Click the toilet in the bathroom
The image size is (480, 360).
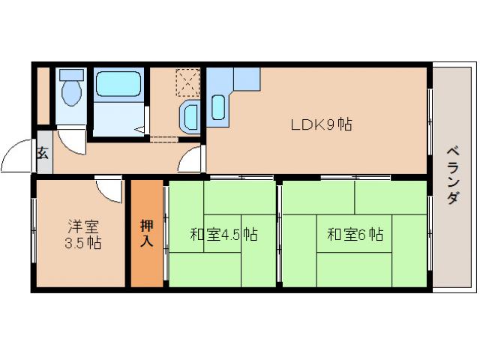(72, 93)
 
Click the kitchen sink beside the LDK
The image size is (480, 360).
(218, 107)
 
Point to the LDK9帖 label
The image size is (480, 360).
(322, 124)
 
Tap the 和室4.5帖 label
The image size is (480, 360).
(223, 235)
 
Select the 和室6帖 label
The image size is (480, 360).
(355, 235)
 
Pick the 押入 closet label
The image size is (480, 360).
(147, 233)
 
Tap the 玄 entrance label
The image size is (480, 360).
(43, 154)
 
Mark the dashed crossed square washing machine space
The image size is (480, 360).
(187, 81)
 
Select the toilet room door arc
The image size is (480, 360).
(73, 139)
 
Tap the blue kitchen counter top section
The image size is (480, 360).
(246, 77)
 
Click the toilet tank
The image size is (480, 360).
(72, 75)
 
